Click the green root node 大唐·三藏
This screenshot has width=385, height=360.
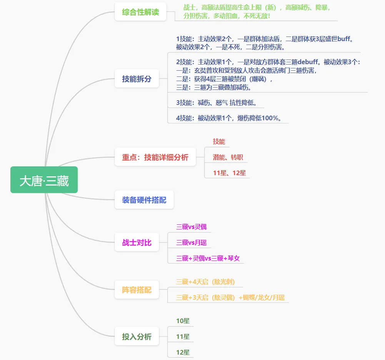coord(44,180)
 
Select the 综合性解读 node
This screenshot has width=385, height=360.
coord(140,12)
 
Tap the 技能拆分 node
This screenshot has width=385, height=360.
coord(137,79)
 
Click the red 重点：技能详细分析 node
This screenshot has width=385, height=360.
coord(155,157)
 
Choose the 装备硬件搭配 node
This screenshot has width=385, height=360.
coord(144,200)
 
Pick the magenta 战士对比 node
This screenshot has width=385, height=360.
coord(137,242)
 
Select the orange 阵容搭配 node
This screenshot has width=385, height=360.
coord(137,290)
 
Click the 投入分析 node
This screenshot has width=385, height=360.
coord(137,337)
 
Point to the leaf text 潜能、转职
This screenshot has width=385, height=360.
coord(228,157)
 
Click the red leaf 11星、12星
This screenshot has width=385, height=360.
coord(229,173)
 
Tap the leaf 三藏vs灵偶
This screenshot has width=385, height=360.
coord(191,227)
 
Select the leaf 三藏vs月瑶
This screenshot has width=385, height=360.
coord(191,242)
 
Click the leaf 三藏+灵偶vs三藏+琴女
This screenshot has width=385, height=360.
coord(208,258)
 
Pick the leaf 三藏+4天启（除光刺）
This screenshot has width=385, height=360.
coord(205,282)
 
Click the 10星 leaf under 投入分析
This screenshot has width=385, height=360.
coord(183,321)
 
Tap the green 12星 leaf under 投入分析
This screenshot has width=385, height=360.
coord(183,352)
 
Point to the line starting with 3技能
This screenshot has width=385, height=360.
coord(216,103)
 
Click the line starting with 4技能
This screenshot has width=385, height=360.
coord(228,118)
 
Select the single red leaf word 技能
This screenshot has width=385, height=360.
coord(219,141)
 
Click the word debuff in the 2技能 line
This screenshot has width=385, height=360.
coord(308,62)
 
